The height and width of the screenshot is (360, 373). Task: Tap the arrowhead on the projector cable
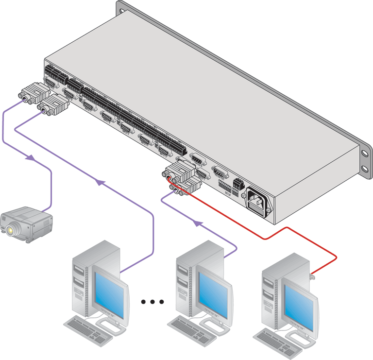[x=31, y=157]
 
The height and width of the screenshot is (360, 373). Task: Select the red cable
[x=272, y=237]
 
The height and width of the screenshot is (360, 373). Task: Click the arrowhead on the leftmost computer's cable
[x=100, y=182]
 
